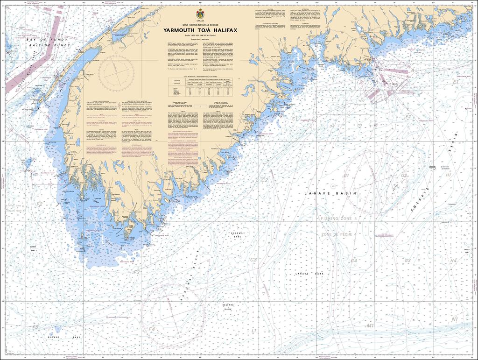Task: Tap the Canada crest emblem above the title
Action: click(201, 13)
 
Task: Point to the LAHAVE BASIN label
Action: click(330, 193)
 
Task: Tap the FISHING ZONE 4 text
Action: click(338, 219)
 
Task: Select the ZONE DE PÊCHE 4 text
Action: click(338, 234)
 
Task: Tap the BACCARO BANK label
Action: click(227, 307)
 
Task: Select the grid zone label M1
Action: click(370, 325)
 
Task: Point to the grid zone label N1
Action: click(455, 320)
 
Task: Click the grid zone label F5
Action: click(35, 327)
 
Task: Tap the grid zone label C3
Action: click(253, 260)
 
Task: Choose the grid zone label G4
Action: click(354, 260)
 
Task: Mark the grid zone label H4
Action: click(453, 260)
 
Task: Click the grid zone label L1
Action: click(254, 330)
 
